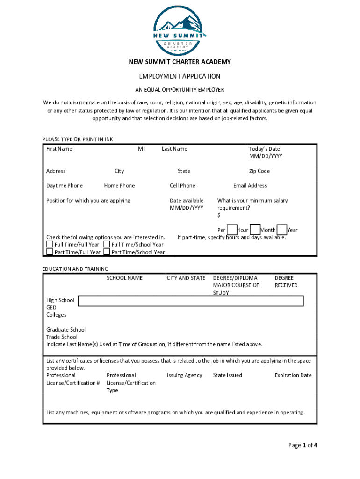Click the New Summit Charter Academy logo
[180, 29]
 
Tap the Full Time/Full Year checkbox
[50, 244]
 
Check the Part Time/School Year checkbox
[107, 252]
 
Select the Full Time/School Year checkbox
[107, 244]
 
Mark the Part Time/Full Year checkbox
[50, 252]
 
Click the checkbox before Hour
[232, 230]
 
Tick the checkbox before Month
[255, 230]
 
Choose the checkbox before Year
[281, 230]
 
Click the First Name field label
[59, 149]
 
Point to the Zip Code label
[259, 171]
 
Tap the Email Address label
[250, 186]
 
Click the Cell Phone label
[182, 186]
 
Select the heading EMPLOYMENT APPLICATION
[180, 76]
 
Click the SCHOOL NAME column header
[124, 278]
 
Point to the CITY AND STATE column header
[186, 278]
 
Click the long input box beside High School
[191, 301]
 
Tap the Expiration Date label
[293, 375]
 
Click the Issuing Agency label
[184, 375]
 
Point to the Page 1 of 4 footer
[302, 445]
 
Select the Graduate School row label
[66, 330]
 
